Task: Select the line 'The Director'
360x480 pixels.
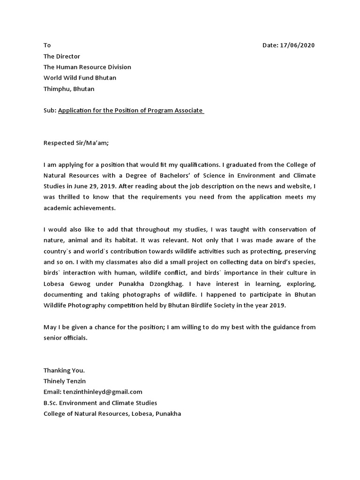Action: (x=62, y=56)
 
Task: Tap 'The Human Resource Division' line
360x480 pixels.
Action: (x=87, y=67)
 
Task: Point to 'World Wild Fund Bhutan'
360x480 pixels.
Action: (x=80, y=78)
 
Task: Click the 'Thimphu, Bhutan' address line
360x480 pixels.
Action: (x=69, y=89)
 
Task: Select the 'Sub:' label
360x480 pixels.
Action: (x=50, y=110)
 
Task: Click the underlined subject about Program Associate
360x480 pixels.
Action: (x=131, y=110)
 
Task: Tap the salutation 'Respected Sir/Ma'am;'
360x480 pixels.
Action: (x=76, y=143)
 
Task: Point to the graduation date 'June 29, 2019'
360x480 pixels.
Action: (x=85, y=186)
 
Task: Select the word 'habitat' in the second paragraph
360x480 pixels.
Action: (x=117, y=240)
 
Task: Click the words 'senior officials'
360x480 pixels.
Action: (x=65, y=338)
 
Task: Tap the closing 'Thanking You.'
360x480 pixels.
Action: (x=64, y=371)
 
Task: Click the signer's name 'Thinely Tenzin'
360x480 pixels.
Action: (x=64, y=382)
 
